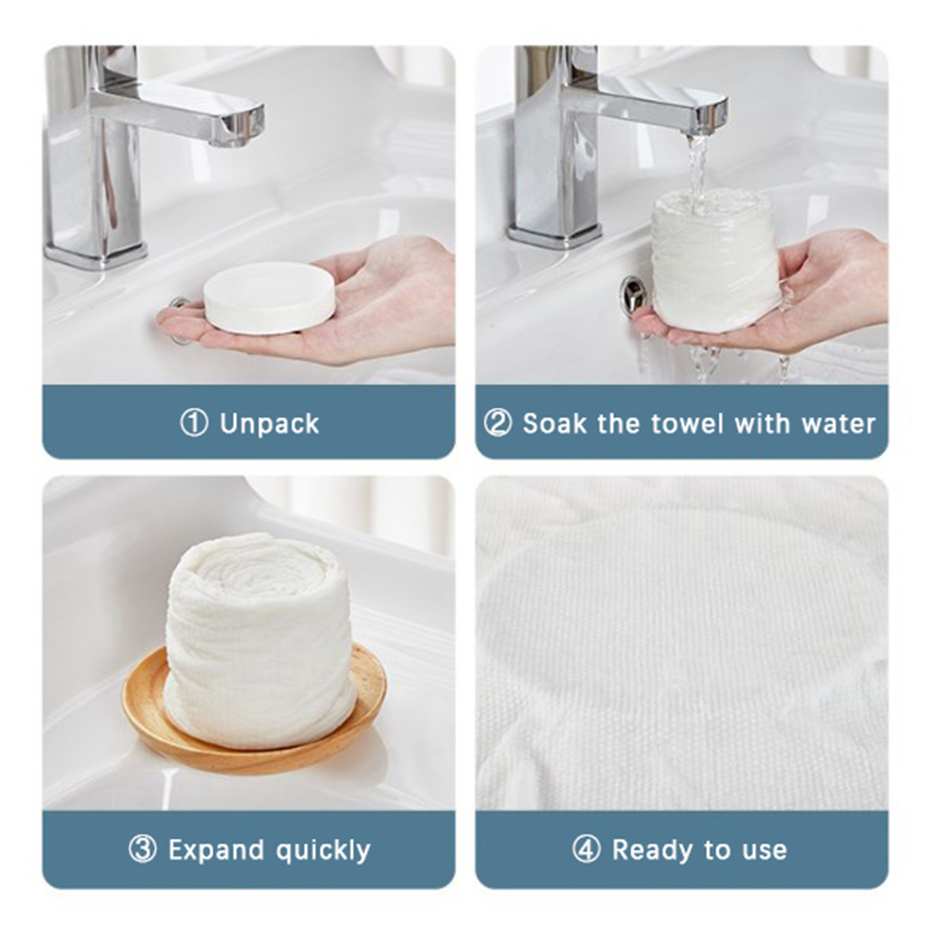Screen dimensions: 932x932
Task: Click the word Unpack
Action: coord(270,424)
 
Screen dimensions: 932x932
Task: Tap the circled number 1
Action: coord(194,422)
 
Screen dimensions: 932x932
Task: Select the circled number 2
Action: coord(497,423)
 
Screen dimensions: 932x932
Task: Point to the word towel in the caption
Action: coord(688,423)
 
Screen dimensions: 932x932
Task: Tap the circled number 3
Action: coord(142,849)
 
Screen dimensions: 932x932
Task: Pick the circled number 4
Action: coord(586,849)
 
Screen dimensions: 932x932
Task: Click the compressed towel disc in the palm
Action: coord(269,298)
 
